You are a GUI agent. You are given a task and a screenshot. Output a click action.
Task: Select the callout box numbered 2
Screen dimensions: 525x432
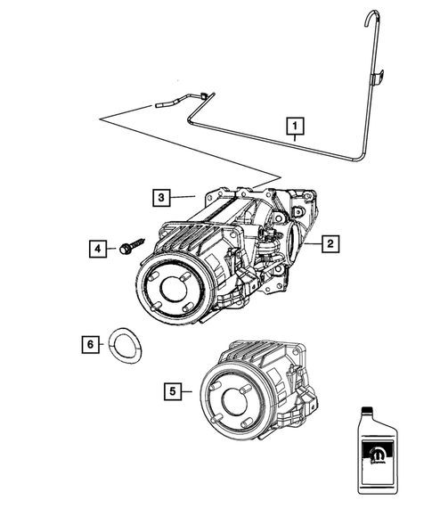point(329,242)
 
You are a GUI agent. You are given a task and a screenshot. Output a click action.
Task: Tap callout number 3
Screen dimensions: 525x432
point(160,196)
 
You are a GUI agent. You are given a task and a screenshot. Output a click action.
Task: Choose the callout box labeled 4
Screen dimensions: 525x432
point(99,249)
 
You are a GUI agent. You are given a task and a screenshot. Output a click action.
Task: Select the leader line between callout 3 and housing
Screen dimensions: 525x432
point(183,196)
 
